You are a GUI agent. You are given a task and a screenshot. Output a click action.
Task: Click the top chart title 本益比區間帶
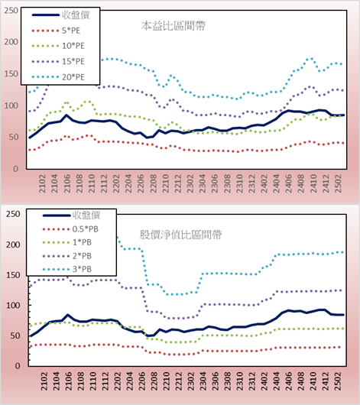point(174,26)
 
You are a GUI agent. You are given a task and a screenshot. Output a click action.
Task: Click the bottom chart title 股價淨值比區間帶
point(180,235)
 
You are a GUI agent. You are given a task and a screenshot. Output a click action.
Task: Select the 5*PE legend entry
point(56,31)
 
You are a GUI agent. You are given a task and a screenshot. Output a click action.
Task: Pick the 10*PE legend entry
point(58,46)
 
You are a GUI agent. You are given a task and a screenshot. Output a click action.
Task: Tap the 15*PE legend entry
point(58,61)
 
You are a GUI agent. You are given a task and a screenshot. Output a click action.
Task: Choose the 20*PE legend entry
point(58,77)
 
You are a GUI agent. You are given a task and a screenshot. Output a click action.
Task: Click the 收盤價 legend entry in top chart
point(60,15)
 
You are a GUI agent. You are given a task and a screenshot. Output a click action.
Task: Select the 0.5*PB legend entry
point(70,229)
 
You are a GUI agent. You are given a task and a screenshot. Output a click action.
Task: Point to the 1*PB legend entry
point(67,242)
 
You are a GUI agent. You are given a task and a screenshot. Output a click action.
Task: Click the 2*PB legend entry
point(67,256)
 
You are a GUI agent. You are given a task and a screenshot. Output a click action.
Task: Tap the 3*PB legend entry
point(67,269)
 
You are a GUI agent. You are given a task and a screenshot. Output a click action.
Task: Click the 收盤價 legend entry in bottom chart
point(71,215)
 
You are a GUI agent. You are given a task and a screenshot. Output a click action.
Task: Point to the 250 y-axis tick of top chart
point(11,11)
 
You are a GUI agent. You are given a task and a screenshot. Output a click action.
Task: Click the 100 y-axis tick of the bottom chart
point(13,306)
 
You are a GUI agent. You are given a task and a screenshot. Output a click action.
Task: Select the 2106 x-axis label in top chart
point(67,183)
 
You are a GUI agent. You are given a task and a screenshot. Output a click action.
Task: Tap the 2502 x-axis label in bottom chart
point(339,381)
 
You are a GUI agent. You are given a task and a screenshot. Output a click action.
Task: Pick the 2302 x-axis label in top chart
point(190,183)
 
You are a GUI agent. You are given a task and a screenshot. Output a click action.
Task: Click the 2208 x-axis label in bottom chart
point(154,381)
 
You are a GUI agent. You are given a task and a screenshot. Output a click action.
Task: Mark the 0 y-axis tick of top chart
point(16,169)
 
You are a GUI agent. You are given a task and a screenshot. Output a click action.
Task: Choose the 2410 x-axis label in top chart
point(313,183)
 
